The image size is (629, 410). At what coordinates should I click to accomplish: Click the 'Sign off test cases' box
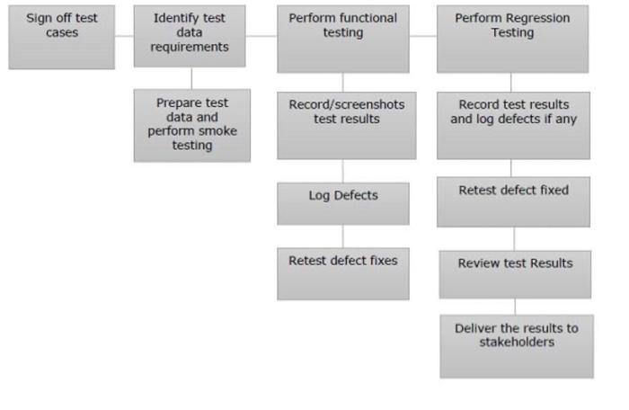coord(61,37)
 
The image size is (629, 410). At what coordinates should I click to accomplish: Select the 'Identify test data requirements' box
coord(189,36)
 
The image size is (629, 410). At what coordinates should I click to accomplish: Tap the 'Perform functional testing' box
coord(342,39)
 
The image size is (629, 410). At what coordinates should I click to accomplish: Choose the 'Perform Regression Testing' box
coord(512,39)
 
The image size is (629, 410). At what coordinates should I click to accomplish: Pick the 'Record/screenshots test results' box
coord(346,124)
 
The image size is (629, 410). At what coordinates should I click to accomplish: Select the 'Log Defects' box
coord(342,203)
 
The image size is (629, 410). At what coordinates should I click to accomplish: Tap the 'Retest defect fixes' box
coord(342,273)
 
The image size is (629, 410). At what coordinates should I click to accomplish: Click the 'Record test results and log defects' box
coord(513,125)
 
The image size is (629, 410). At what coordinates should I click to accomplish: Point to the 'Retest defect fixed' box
coord(513,201)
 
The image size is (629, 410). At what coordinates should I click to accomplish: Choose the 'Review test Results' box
coord(515,273)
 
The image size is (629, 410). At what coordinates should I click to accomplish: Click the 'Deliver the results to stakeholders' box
coord(516,345)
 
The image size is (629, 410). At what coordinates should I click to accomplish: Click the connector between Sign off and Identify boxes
coord(124,37)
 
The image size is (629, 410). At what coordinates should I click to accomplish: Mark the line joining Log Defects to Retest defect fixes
coord(342,236)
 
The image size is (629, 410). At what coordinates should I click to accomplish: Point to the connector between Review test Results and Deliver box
coord(515,306)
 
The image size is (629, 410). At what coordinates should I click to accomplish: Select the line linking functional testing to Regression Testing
coord(422,37)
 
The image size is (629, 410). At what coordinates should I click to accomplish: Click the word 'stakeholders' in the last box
coord(516,343)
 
